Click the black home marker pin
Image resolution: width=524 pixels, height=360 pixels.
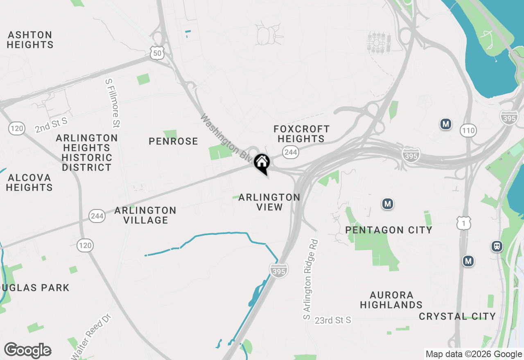[262, 163]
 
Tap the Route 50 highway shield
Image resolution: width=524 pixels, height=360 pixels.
[157, 52]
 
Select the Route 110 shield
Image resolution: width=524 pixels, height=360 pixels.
[468, 130]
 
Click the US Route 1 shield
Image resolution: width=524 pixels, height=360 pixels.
[464, 223]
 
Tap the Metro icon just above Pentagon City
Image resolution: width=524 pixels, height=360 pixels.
[387, 203]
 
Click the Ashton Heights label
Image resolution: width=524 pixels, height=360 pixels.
[30, 40]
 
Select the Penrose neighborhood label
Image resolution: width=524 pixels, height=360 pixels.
[173, 142]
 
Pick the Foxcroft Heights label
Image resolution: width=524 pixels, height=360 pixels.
[301, 134]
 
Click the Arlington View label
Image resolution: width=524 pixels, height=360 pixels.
[269, 202]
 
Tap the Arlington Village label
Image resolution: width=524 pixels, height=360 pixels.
[145, 215]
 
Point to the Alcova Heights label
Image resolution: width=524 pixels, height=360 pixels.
[29, 182]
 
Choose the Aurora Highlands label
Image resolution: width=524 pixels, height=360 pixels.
[391, 300]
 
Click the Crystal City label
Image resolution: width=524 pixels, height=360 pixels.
[457, 316]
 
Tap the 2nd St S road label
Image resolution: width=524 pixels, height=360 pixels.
[51, 125]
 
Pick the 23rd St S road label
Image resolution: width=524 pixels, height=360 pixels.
[333, 320]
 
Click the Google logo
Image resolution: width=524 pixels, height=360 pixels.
[27, 350]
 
